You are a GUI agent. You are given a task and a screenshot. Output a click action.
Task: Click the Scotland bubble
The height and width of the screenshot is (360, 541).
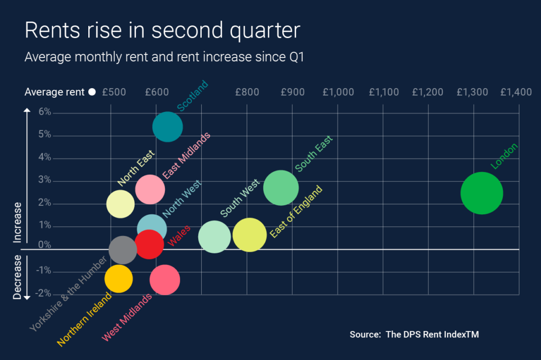(167, 127)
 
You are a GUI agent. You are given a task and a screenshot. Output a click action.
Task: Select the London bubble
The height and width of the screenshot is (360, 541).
(481, 193)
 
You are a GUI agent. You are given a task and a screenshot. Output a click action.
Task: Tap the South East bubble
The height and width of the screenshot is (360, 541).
(281, 188)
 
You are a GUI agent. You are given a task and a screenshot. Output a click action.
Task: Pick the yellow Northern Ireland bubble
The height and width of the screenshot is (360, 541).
(118, 279)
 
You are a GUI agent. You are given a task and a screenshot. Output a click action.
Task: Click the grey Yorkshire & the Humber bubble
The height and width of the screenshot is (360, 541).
(123, 250)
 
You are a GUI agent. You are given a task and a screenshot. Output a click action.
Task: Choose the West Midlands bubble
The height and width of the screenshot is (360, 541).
(165, 280)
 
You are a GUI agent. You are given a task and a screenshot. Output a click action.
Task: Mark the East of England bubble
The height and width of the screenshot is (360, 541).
(249, 235)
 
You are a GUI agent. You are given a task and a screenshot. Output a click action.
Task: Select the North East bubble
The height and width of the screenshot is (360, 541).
(120, 204)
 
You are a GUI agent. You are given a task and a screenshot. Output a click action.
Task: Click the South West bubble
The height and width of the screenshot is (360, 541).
(214, 237)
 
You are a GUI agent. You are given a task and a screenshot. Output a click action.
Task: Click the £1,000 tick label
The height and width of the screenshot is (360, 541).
(338, 92)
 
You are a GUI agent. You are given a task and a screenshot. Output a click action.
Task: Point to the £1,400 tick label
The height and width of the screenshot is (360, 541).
(516, 92)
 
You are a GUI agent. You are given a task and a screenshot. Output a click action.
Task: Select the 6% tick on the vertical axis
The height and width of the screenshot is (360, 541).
(44, 112)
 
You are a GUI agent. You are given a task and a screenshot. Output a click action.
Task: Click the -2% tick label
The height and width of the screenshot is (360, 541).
(44, 293)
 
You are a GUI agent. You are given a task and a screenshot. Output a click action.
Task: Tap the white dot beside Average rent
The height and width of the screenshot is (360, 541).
(92, 92)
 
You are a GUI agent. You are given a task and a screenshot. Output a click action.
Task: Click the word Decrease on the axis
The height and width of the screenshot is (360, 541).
(17, 278)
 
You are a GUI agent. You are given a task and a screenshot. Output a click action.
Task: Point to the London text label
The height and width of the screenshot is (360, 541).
(505, 156)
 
